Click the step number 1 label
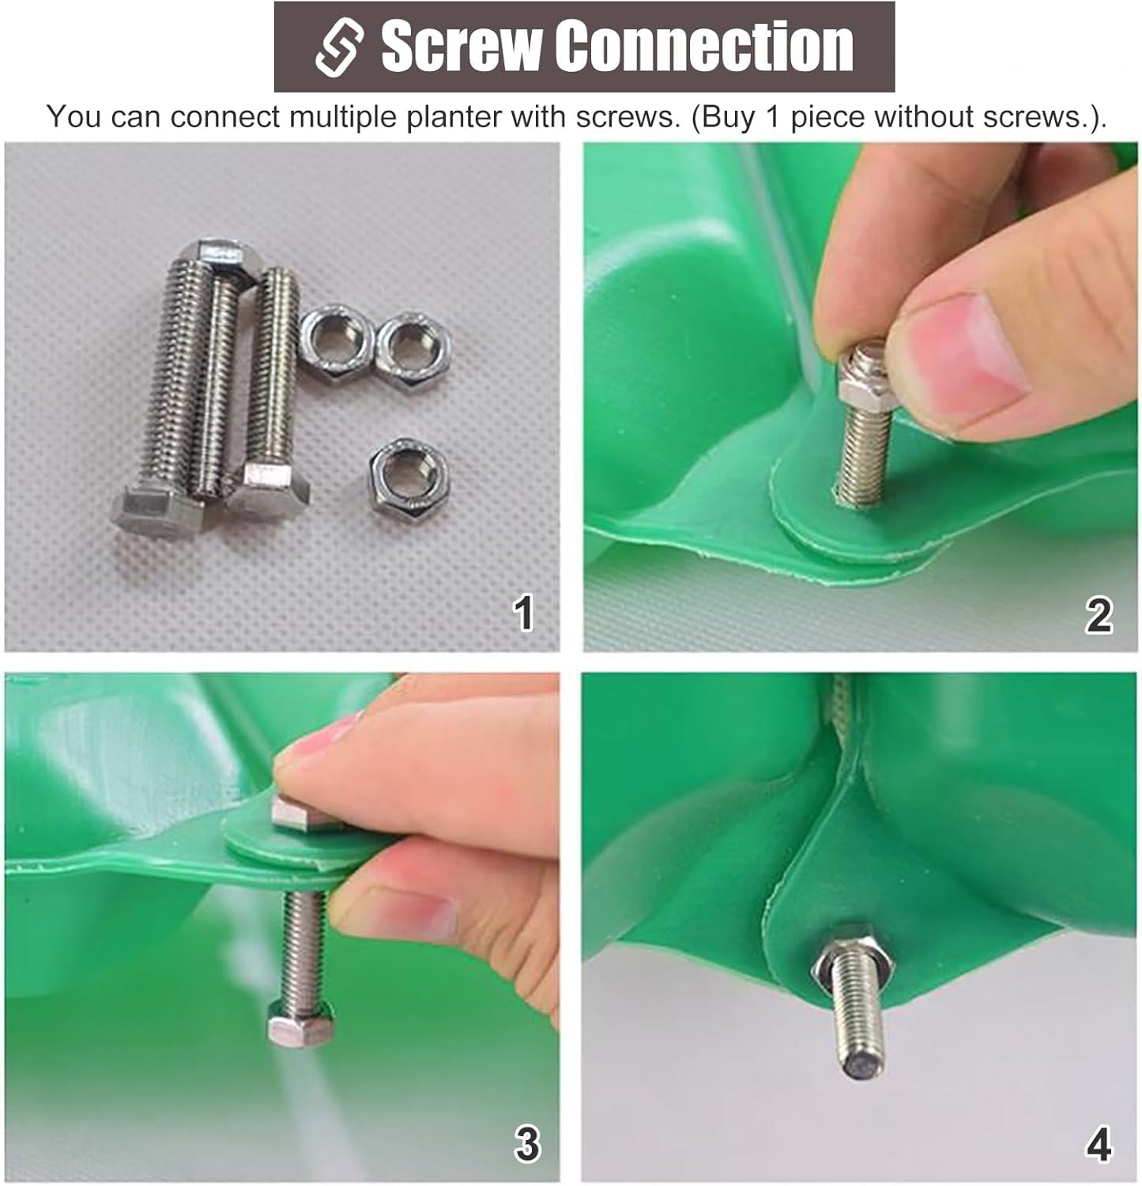(522, 614)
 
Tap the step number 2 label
(1099, 614)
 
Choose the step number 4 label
(1099, 1143)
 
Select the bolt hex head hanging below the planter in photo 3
(300, 1023)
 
